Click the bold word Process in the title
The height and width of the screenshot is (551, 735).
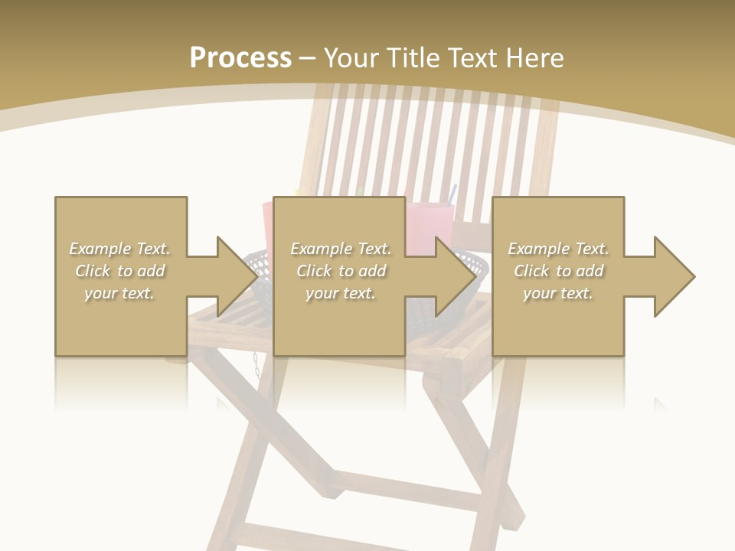coord(240,58)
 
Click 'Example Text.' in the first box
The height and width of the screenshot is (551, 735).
coord(120,249)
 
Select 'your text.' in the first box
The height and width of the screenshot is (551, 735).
coord(120,293)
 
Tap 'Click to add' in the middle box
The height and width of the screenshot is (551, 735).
coord(341,271)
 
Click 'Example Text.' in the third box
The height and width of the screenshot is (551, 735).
coord(558,249)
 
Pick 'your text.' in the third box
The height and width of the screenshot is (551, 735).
coord(558,293)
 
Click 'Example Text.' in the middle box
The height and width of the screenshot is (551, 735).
coord(341,249)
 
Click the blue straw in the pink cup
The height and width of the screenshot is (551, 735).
coord(452,193)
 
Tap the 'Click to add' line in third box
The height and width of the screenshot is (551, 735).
coord(558,271)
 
